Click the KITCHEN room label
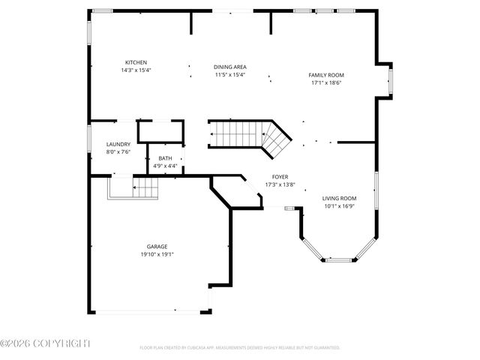(136, 62)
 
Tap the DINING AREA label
(230, 67)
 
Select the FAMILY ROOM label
(326, 75)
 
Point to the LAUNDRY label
(118, 144)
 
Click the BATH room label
(164, 158)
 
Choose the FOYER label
(280, 177)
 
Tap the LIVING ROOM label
(340, 198)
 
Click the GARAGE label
(157, 246)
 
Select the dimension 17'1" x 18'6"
(326, 82)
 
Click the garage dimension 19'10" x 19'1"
(157, 253)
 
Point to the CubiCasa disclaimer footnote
(240, 348)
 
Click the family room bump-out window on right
(389, 79)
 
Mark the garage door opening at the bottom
(150, 312)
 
